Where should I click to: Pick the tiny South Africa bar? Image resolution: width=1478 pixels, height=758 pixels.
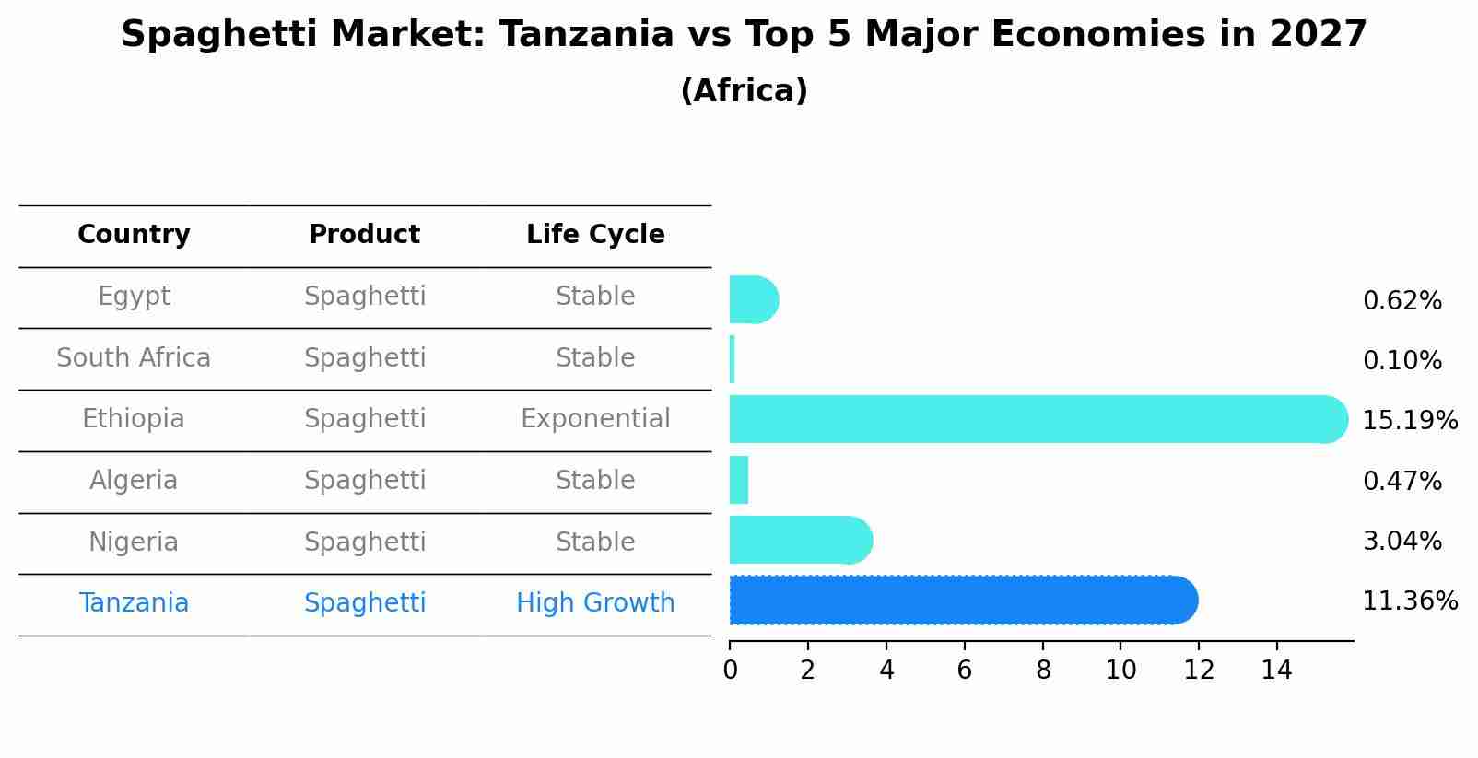[x=733, y=359]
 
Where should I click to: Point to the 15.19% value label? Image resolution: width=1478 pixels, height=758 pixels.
[x=1409, y=421]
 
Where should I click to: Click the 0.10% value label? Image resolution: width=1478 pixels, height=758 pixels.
[x=1402, y=361]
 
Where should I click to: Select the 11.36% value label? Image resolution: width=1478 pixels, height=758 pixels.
[x=1409, y=601]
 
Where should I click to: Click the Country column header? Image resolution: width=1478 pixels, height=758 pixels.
[x=134, y=235]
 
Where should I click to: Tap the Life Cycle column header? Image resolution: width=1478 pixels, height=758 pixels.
[x=595, y=235]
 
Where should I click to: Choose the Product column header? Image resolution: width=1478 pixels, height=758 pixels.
[x=364, y=235]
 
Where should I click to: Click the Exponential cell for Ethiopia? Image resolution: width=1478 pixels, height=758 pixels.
[x=595, y=419]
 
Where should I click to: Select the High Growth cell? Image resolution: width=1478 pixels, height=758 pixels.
[x=595, y=603]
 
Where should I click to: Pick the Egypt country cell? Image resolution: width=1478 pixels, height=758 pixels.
[x=134, y=297]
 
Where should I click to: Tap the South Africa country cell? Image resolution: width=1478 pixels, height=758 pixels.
[x=134, y=358]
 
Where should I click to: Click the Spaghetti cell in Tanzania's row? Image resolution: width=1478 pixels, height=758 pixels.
[x=365, y=603]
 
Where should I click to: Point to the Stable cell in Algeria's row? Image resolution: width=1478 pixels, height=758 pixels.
[x=595, y=481]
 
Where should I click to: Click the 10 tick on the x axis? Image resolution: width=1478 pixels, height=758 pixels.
[x=1120, y=671]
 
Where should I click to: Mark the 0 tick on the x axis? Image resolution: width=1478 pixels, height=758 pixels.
[x=730, y=671]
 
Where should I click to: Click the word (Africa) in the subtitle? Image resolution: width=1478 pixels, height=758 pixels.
[x=744, y=91]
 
